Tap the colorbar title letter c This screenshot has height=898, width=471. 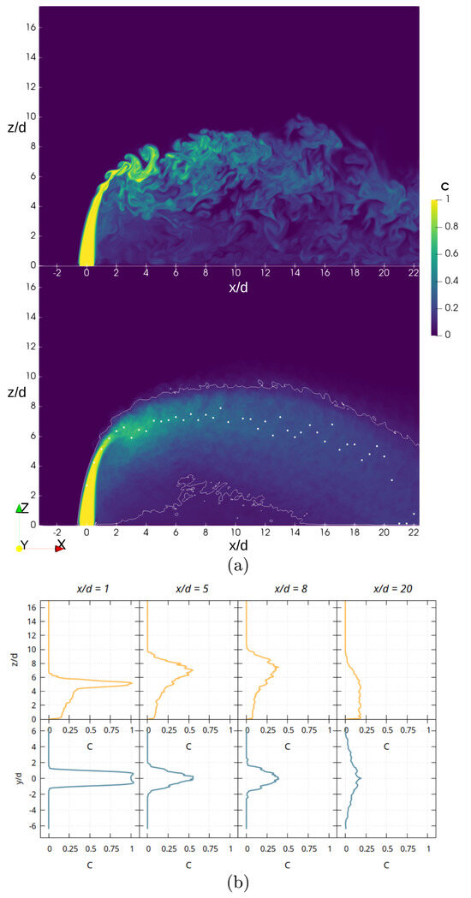tap(444, 186)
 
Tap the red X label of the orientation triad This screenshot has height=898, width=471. tap(61, 544)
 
